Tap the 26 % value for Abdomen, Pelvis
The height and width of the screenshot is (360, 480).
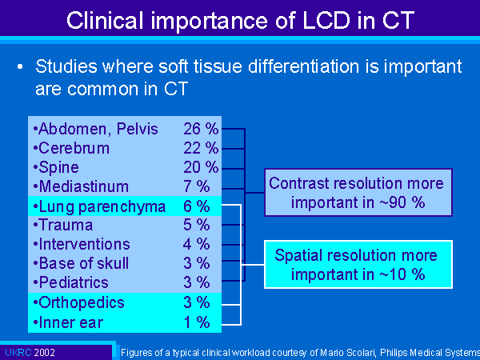(x=201, y=129)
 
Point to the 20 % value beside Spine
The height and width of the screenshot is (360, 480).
(x=201, y=167)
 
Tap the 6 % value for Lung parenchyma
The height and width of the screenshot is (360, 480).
(x=197, y=206)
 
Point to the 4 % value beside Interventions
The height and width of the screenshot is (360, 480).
(x=197, y=244)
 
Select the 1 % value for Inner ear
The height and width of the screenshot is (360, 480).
(x=197, y=322)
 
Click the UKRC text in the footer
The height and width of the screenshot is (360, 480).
(x=18, y=353)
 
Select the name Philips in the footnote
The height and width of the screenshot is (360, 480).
(x=394, y=353)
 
